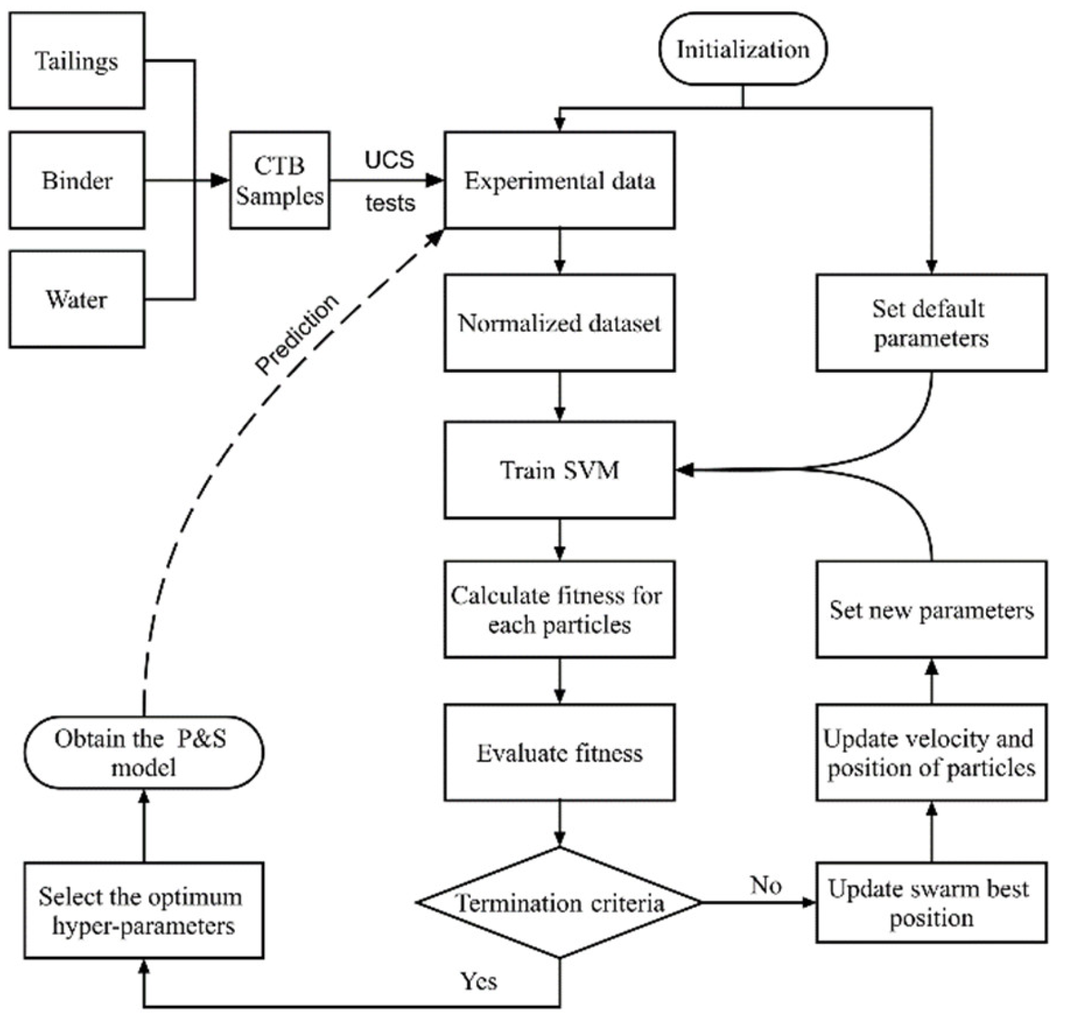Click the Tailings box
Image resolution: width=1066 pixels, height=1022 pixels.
point(77,61)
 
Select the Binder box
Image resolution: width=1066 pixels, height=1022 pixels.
point(77,180)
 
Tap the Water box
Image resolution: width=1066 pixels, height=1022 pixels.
point(77,300)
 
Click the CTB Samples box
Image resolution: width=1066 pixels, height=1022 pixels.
point(280,180)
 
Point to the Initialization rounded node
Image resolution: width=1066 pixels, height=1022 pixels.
point(742,49)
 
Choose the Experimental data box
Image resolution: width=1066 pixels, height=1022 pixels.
point(559,180)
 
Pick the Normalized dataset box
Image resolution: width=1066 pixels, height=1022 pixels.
point(559,323)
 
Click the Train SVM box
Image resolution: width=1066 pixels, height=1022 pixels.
point(559,470)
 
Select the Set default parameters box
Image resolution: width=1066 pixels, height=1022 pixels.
point(931,323)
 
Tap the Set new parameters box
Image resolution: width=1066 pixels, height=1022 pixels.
point(931,610)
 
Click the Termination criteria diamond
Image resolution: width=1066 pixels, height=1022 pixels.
point(559,903)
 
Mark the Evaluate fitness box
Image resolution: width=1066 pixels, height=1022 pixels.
point(559,752)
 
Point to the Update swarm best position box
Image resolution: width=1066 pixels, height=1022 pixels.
point(931,903)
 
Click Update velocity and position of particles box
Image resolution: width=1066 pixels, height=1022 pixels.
point(931,752)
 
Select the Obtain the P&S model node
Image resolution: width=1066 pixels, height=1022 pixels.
point(143,752)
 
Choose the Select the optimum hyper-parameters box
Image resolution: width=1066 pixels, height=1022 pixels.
point(143,910)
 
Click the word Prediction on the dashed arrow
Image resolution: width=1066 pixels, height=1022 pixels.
point(298,335)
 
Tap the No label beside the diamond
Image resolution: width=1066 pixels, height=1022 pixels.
point(766,885)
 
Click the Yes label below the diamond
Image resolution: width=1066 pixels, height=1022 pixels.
point(479,981)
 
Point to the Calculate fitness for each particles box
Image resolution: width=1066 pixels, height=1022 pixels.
point(559,610)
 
